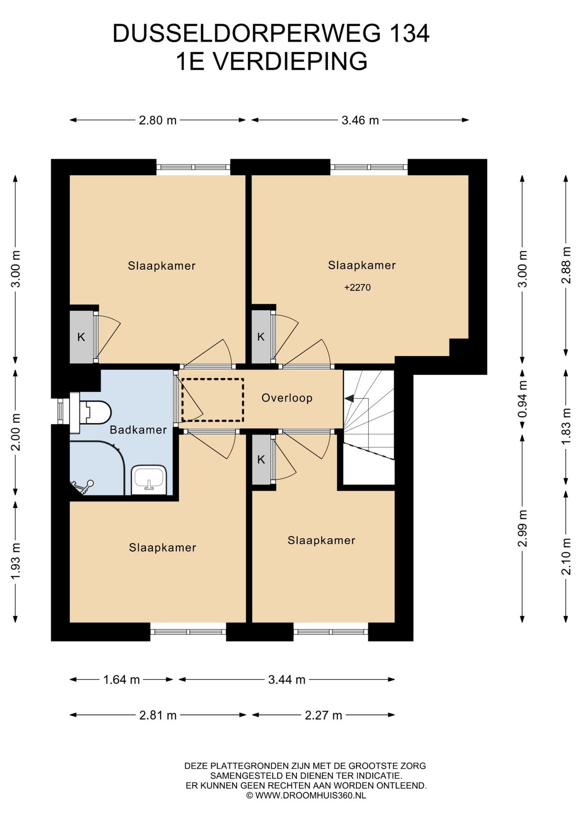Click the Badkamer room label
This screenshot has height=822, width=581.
138,430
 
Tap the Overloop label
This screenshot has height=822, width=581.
287,398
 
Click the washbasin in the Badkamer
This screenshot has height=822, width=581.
149,480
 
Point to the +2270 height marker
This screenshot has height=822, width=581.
358,288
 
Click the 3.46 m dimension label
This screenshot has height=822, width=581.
360,120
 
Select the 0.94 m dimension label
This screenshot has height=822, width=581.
522,399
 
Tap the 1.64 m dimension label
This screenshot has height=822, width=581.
122,679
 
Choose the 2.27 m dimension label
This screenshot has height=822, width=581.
323,715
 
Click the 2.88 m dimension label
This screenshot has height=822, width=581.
566,265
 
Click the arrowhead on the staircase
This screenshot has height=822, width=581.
349,399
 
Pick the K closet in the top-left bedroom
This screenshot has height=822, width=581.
81,337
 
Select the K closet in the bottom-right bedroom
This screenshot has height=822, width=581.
261,460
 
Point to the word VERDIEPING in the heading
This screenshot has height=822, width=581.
290,61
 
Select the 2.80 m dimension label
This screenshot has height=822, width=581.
157,120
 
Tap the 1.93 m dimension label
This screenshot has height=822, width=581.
16,561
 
